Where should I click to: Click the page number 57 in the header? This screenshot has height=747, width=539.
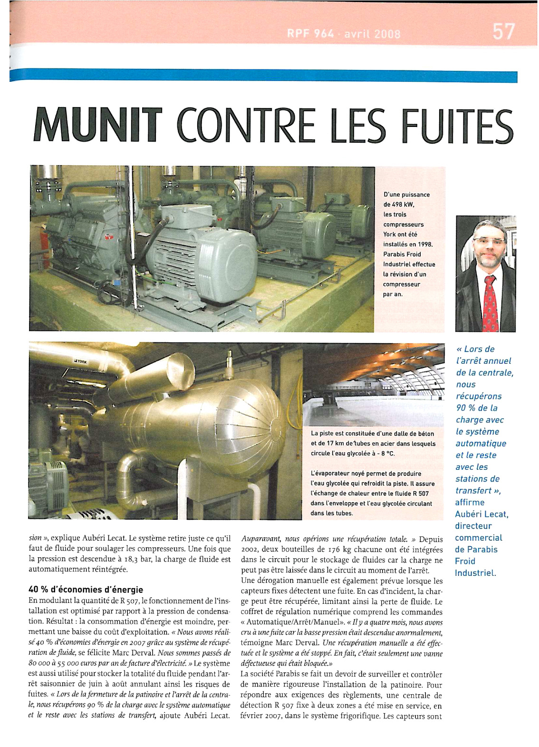[503, 31]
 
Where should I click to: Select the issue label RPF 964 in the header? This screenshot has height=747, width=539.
[310, 34]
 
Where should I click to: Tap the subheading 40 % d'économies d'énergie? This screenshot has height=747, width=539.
[86, 590]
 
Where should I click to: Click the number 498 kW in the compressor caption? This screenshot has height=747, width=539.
[403, 204]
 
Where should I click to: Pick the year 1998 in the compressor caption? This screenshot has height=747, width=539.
[424, 244]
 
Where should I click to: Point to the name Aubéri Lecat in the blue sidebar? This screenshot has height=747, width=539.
[481, 514]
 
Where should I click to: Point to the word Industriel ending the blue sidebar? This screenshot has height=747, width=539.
[475, 572]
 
